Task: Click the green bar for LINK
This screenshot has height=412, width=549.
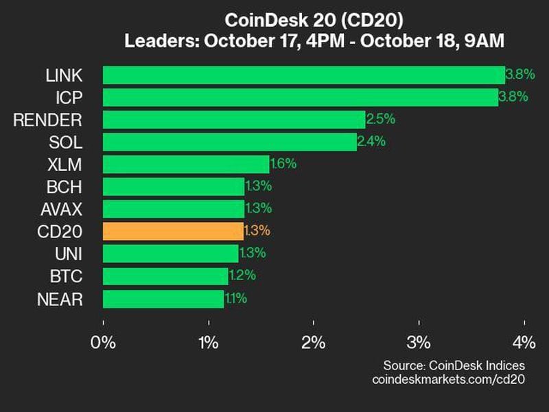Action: (x=303, y=75)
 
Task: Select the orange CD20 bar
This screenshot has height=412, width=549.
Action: (x=173, y=230)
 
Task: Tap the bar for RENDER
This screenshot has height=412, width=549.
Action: (x=233, y=119)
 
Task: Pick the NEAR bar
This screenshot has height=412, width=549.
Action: (x=163, y=299)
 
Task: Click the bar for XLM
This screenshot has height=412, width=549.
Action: (x=185, y=164)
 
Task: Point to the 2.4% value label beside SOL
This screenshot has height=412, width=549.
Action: (x=371, y=142)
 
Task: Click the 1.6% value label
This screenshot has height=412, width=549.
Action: (x=283, y=164)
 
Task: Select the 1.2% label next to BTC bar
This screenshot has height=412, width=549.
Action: (x=242, y=276)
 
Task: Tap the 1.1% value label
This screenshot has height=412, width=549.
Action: (x=235, y=299)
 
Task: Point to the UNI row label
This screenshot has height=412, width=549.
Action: (x=69, y=254)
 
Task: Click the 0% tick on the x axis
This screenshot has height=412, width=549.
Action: (x=104, y=342)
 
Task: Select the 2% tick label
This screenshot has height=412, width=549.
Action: (x=314, y=342)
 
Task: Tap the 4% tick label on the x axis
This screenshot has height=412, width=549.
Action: (x=524, y=342)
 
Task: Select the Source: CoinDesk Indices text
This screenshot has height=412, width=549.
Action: (x=454, y=365)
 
